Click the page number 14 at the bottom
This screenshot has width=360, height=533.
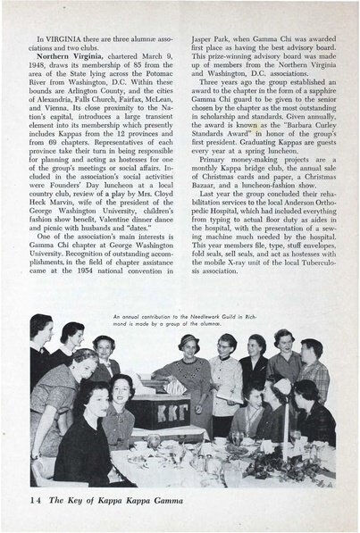pos(37,500)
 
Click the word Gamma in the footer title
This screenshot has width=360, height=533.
pos(197,500)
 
